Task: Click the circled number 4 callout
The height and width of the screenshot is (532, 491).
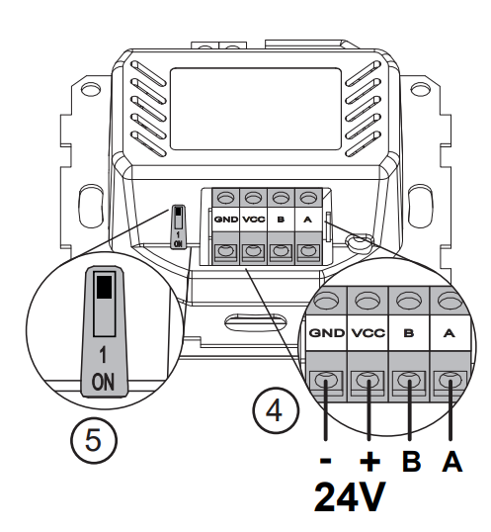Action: click(276, 410)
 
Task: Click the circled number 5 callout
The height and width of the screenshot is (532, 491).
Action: click(94, 440)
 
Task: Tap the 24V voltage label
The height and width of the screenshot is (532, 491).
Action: click(350, 497)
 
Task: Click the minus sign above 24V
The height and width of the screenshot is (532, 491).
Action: click(326, 461)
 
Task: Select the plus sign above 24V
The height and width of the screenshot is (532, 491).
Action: click(369, 461)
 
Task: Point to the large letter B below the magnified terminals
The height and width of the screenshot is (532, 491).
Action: click(411, 461)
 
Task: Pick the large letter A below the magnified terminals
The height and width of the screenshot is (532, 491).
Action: click(452, 461)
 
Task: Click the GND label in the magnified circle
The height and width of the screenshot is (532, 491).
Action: click(327, 333)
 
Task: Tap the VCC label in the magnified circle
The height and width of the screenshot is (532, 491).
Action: click(368, 333)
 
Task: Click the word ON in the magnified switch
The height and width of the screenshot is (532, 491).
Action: click(103, 382)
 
